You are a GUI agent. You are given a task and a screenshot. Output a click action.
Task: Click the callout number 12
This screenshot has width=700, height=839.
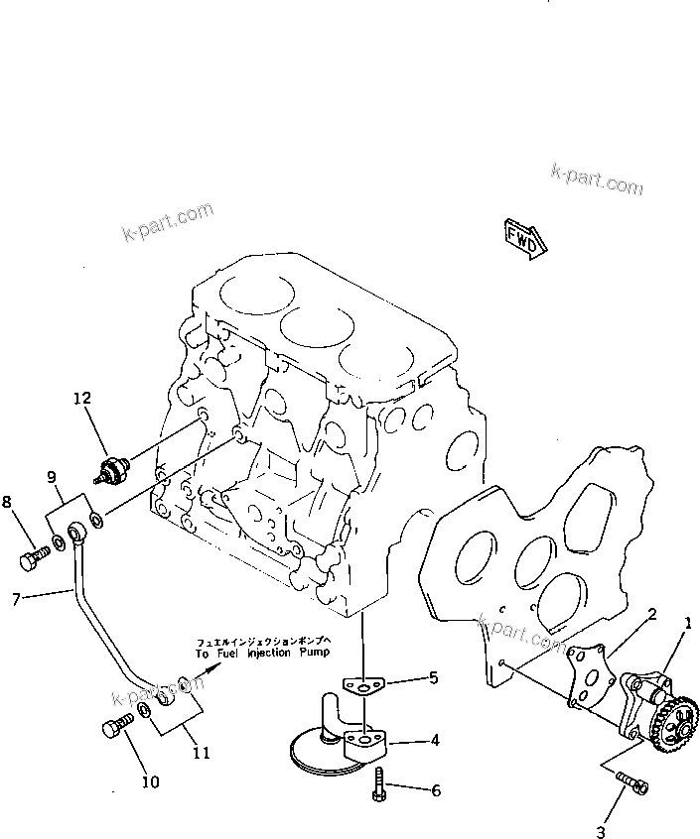[81, 398]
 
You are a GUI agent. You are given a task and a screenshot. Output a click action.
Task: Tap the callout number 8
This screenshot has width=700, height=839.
[8, 502]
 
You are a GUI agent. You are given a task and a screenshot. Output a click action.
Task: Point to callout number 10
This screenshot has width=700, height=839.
[149, 781]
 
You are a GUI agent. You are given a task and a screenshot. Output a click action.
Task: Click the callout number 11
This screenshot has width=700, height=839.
[202, 752]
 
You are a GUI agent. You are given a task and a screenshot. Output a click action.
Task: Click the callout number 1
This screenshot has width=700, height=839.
[686, 623]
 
